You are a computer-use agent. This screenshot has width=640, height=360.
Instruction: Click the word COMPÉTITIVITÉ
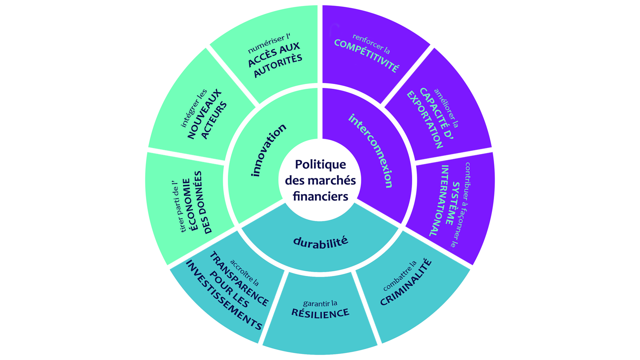click(367, 55)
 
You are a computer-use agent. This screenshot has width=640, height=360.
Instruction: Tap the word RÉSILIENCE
click(320, 313)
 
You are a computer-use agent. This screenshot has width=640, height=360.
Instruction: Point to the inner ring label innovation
click(268, 150)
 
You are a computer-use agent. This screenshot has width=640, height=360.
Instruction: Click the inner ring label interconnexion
click(370, 150)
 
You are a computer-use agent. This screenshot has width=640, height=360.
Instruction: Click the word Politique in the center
click(320, 164)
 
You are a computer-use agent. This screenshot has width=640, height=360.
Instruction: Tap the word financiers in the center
click(320, 196)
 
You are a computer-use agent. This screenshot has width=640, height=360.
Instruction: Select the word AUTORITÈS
click(278, 66)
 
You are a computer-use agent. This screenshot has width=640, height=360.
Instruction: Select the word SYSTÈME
click(453, 203)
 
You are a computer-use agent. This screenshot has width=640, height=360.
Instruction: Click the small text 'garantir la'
click(320, 303)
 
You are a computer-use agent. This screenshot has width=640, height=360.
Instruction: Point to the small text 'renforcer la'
click(371, 44)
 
